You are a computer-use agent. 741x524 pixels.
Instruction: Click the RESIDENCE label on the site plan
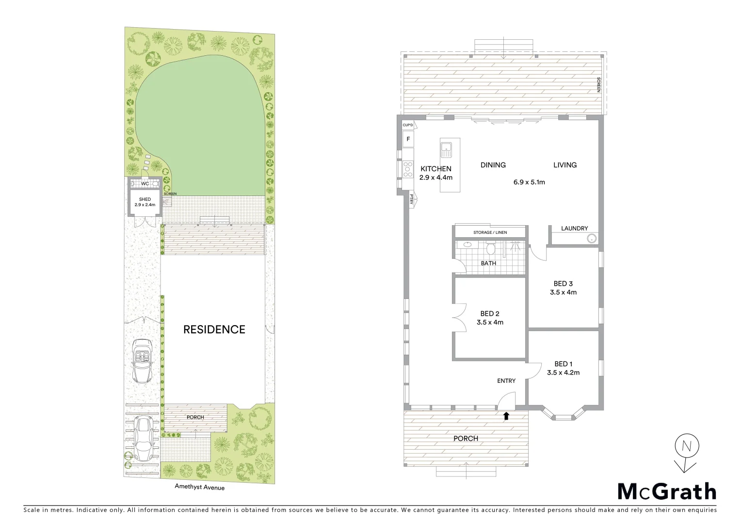214,329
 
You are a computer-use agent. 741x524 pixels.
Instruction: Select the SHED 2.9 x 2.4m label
145,202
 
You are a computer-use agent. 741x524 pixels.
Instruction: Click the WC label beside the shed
145,184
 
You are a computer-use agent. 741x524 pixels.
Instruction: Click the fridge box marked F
408,139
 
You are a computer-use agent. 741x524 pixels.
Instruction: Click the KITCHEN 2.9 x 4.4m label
435,173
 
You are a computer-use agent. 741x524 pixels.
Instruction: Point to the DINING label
493,165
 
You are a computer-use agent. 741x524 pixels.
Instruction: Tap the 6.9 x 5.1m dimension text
529,182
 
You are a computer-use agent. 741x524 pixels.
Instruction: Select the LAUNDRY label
574,229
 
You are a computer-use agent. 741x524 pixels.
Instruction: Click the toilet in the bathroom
491,249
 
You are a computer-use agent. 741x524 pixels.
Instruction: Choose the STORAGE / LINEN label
490,232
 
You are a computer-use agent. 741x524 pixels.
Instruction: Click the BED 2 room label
490,314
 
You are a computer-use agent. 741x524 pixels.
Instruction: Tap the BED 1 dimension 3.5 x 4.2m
563,373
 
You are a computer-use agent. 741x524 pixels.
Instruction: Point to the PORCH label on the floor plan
466,438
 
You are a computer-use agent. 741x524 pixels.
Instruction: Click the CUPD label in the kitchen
408,125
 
